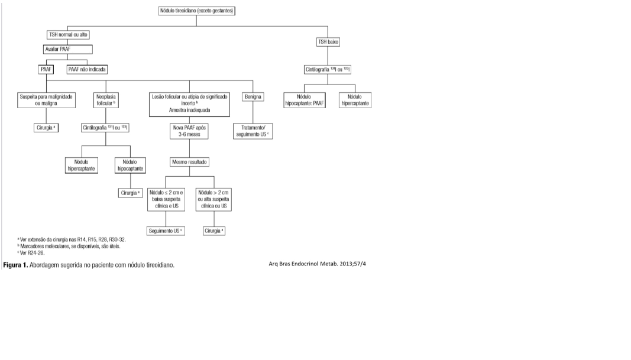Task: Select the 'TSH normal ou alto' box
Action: (68, 35)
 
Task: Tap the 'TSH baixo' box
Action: (329, 42)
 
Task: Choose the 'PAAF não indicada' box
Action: (87, 69)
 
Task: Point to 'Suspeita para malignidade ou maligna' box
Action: (46, 100)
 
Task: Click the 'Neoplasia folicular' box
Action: (105, 100)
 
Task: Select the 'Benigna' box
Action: (253, 96)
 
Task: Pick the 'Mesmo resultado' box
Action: (189, 161)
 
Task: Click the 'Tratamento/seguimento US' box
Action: (253, 131)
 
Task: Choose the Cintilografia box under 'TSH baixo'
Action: (328, 69)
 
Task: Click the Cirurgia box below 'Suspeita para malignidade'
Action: (46, 127)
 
